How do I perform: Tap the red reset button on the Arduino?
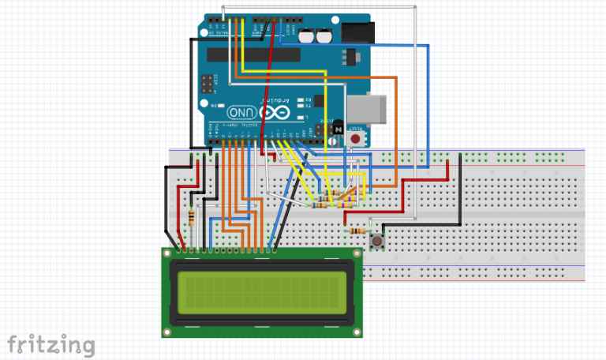click(357, 138)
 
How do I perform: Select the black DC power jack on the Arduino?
click(360, 32)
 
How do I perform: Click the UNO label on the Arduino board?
click(247, 114)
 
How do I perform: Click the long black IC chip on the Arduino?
click(260, 54)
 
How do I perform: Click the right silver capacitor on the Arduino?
click(324, 35)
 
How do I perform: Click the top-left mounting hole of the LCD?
click(168, 254)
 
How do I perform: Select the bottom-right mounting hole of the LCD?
click(357, 332)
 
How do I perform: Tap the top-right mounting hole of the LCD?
click(357, 254)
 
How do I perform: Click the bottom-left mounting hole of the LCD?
click(168, 332)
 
